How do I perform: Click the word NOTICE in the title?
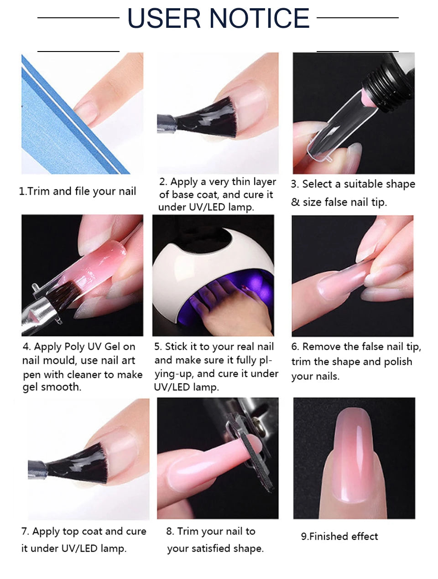260,18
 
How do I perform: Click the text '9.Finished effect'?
339,537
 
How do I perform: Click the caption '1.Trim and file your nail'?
78,191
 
